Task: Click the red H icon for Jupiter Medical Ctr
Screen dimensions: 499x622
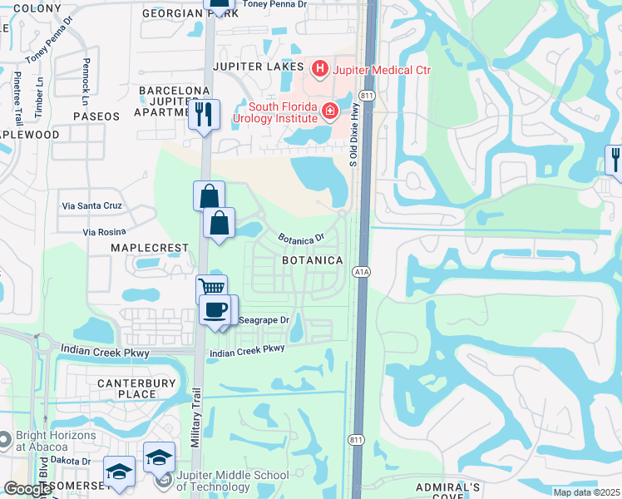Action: tap(318, 67)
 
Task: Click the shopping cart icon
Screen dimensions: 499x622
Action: tap(212, 288)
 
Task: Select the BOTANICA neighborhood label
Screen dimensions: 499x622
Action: tap(313, 260)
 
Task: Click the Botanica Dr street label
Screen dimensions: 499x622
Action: tap(301, 239)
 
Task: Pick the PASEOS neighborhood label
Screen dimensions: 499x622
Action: tap(96, 116)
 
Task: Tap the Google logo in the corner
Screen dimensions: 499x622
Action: tap(27, 489)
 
